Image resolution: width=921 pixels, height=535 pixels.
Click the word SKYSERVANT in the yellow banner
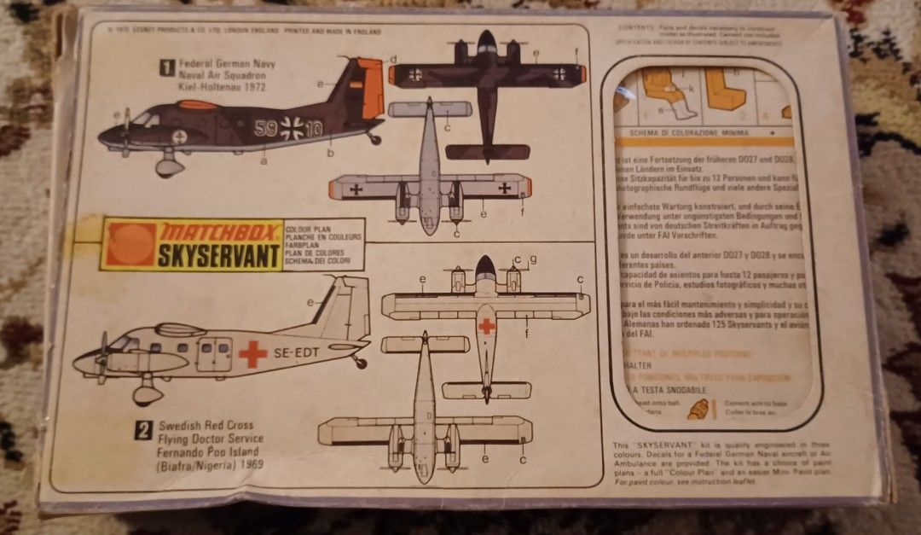pos(220,255)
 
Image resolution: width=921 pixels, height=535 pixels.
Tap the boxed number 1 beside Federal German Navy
pos(168,64)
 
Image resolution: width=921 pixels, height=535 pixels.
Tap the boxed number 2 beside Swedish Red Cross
pos(144,431)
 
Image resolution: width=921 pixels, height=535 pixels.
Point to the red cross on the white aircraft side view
pos(252,353)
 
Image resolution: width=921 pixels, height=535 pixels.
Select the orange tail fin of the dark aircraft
pos(368,89)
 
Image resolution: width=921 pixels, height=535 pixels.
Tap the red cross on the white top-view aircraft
pos(486,326)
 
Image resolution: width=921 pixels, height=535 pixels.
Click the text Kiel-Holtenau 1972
pos(223,88)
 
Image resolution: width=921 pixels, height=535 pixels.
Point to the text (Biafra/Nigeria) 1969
pos(210,466)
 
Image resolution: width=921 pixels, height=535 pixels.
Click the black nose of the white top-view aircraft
pos(485,267)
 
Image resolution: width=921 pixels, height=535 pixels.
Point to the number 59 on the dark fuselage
pos(266,130)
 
